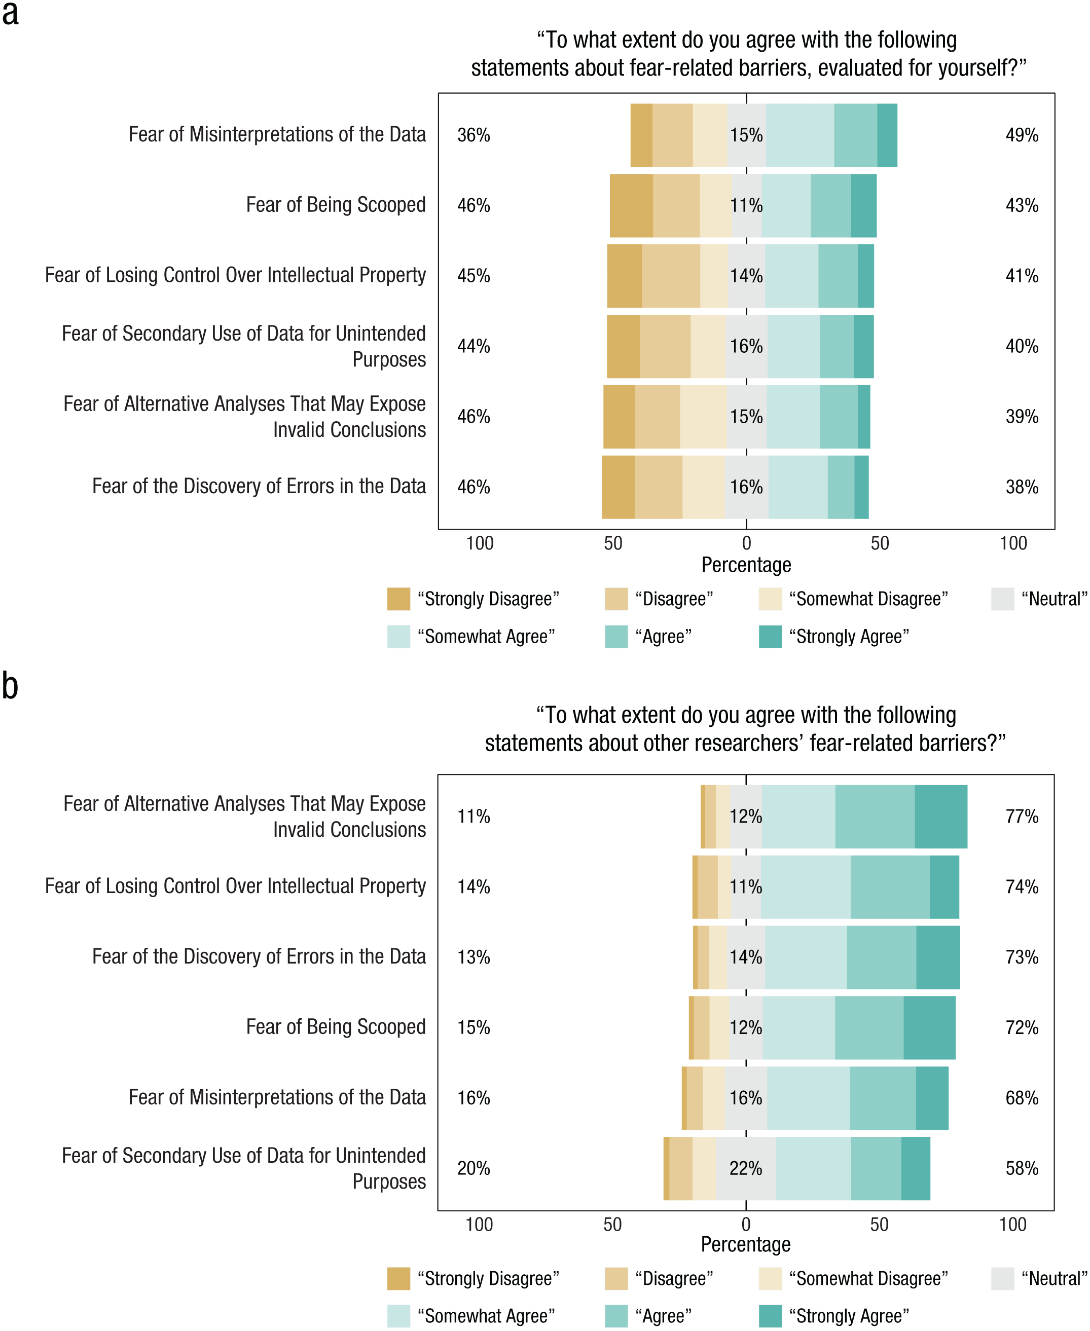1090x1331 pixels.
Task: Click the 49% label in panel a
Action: point(1022,135)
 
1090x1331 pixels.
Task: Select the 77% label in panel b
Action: point(1022,816)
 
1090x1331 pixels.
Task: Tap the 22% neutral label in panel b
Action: point(745,1168)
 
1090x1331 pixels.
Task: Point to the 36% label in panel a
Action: point(474,135)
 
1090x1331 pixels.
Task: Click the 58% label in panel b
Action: point(1022,1168)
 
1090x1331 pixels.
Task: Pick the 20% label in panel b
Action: point(474,1168)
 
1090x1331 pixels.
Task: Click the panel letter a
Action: point(10,14)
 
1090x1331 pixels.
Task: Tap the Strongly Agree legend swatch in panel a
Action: point(770,636)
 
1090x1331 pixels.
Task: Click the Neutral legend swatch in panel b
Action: point(1002,1278)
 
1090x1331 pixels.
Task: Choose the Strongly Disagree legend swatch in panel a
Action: point(398,598)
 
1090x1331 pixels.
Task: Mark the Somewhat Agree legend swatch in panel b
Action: point(398,1316)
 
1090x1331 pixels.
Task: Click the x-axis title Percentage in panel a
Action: point(746,565)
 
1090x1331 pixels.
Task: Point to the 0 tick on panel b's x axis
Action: point(745,1224)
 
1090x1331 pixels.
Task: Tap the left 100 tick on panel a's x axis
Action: point(480,543)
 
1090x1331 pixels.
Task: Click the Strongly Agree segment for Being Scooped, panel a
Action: point(863,205)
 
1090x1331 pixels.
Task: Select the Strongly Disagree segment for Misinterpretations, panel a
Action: point(641,135)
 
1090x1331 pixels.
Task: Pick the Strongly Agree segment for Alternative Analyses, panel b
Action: point(940,816)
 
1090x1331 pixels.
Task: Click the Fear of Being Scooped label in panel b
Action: point(336,1026)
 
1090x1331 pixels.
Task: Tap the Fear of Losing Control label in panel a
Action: point(235,275)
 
